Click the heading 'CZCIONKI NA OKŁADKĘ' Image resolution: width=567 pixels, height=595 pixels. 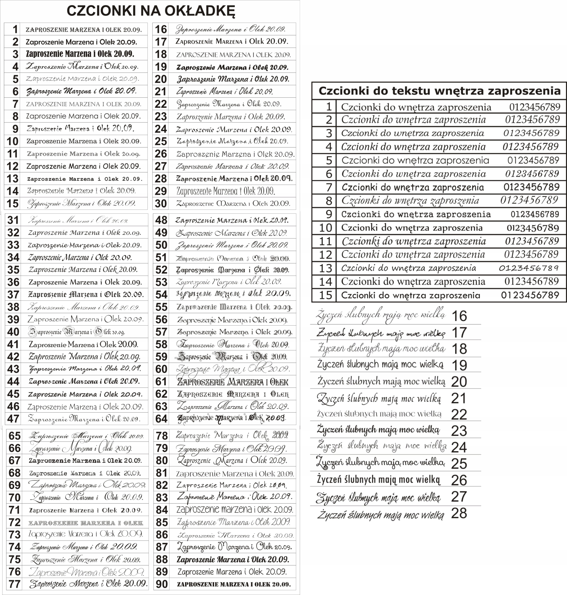(150, 11)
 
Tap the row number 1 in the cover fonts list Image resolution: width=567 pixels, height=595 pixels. (15, 29)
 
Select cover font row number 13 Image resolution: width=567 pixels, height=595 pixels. (12, 179)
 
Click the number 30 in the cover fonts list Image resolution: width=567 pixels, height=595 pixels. (161, 204)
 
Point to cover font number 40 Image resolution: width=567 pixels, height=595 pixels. (13, 332)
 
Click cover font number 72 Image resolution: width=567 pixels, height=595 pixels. (14, 522)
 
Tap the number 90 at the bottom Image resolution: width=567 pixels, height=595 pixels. (162, 584)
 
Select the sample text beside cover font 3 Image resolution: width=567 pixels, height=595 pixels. (80, 54)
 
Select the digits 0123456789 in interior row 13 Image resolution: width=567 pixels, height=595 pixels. (529, 268)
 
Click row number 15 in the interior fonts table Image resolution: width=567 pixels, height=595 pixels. (326, 295)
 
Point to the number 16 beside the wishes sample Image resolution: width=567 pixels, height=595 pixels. (459, 316)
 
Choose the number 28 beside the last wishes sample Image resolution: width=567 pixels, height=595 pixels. (459, 513)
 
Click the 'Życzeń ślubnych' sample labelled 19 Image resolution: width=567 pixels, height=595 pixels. (380, 364)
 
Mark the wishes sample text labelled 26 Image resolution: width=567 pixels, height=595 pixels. (378, 480)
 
